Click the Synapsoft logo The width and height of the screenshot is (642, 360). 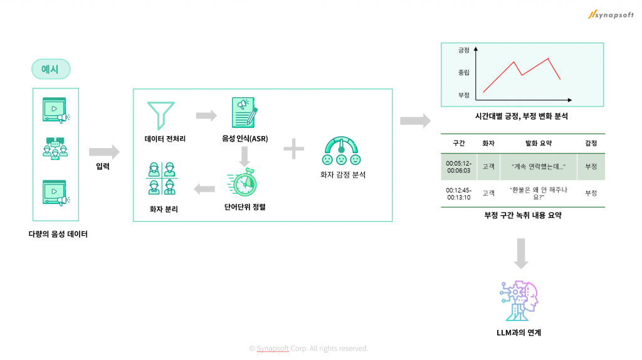[x=611, y=14]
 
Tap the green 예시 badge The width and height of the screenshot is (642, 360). [x=51, y=69]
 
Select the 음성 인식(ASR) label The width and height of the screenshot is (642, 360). [x=245, y=138]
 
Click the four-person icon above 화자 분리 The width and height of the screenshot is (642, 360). [x=160, y=179]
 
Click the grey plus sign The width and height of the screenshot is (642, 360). [x=293, y=149]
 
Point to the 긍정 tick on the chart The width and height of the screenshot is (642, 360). [x=464, y=50]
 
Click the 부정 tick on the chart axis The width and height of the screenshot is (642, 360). [x=464, y=95]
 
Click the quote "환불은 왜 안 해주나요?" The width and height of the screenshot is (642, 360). [x=539, y=193]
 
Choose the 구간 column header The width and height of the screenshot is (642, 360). [x=459, y=144]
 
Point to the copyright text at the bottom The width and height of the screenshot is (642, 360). [x=308, y=349]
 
